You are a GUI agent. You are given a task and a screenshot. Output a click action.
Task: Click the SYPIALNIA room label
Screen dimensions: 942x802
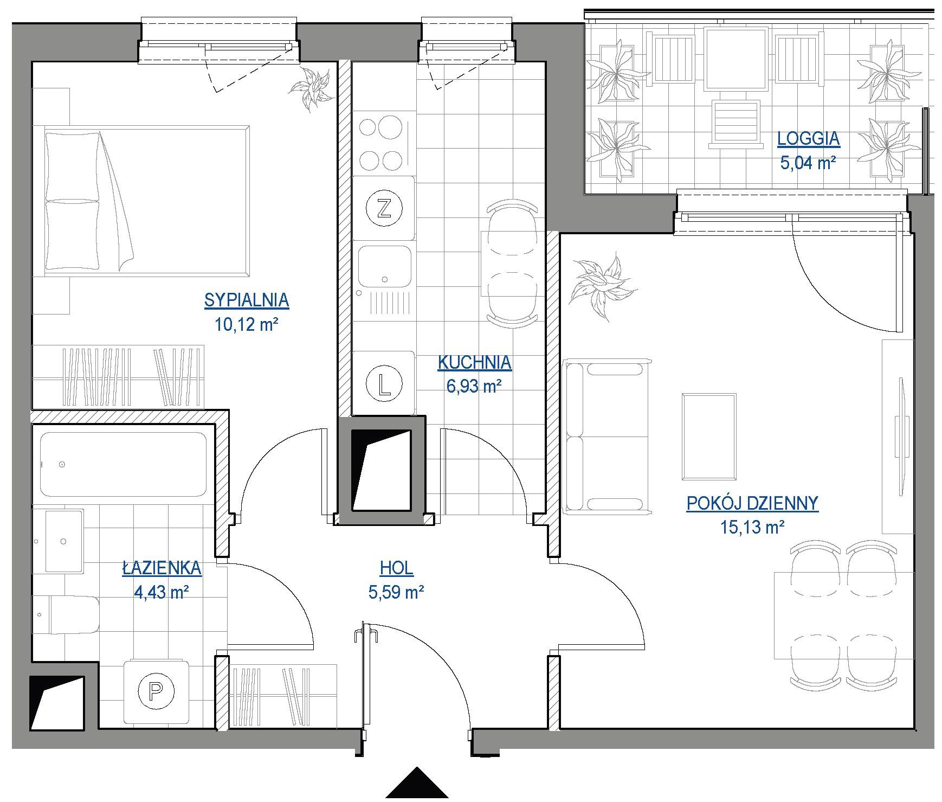click(247, 300)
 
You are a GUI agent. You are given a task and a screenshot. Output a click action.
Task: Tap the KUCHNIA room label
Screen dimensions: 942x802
click(474, 362)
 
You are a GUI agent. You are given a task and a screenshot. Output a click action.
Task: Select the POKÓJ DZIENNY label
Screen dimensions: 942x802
click(752, 503)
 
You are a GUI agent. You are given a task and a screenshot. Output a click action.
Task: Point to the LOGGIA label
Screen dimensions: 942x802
click(808, 138)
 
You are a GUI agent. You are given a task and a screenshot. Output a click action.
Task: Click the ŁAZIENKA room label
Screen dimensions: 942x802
click(162, 568)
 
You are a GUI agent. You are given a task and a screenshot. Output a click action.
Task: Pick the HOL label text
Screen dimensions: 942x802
click(396, 568)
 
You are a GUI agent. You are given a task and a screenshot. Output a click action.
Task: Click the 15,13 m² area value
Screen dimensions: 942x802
click(752, 527)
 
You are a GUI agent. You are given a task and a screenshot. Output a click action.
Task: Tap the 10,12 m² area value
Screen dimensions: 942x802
click(247, 325)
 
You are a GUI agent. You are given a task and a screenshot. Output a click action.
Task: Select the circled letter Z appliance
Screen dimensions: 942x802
click(384, 209)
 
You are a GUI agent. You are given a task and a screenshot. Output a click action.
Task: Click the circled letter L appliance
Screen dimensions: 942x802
click(384, 384)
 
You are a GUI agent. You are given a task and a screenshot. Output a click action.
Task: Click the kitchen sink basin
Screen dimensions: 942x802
click(385, 267)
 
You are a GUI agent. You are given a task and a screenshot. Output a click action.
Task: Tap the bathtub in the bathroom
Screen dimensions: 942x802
click(124, 464)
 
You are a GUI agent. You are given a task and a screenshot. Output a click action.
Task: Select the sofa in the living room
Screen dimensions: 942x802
click(607, 437)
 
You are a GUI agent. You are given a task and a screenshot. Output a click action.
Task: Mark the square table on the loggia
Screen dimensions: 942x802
click(735, 59)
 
